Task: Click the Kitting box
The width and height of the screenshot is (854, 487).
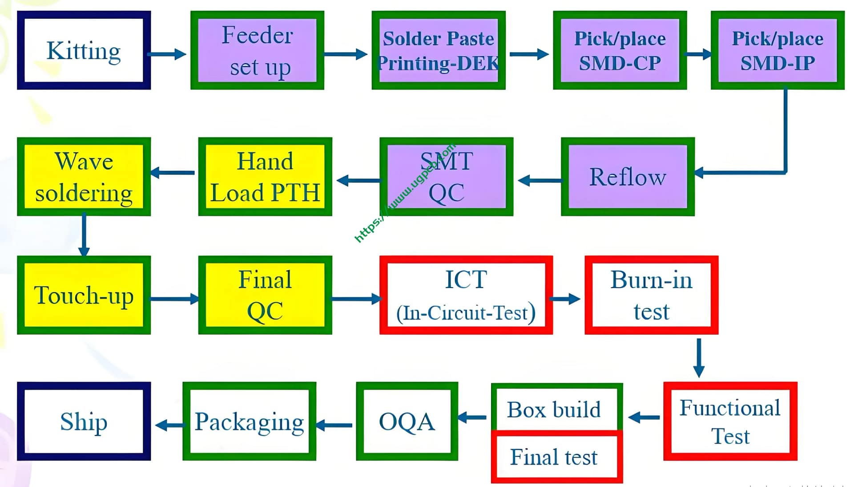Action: click(84, 50)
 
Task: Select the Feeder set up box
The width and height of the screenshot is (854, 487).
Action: click(257, 50)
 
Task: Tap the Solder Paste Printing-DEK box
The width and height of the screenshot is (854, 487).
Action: click(439, 50)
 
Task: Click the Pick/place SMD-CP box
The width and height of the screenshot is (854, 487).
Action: click(620, 50)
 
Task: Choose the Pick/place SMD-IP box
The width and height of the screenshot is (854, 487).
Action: click(777, 50)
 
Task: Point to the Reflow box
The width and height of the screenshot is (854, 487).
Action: click(628, 177)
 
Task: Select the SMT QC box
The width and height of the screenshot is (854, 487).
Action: click(446, 177)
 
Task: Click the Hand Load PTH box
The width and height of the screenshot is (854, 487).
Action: click(265, 177)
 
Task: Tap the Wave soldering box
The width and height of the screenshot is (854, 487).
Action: click(84, 177)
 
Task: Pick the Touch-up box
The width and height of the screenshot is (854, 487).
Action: click(84, 295)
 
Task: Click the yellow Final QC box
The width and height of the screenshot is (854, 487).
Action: click(265, 295)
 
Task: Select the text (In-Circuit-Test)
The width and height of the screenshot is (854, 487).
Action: click(466, 312)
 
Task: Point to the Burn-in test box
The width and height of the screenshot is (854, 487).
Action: click(651, 295)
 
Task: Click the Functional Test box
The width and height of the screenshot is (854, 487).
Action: click(730, 421)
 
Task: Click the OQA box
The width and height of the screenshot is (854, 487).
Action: click(407, 421)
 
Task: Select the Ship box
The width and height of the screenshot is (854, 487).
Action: click(84, 421)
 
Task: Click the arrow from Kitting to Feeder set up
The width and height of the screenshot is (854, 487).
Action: click(166, 54)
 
